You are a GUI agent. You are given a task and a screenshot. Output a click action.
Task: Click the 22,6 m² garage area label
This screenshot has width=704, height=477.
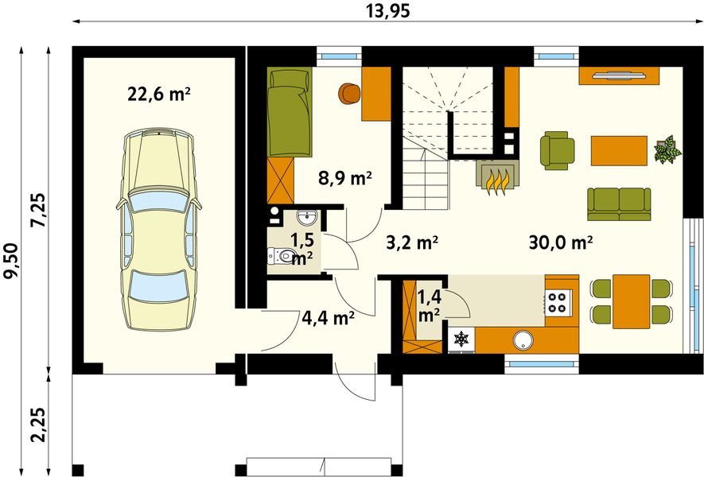point(159,95)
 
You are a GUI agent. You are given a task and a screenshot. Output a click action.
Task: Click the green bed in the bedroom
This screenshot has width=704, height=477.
point(289,111)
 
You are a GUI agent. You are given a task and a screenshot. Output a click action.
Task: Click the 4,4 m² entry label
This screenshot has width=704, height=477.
point(329,319)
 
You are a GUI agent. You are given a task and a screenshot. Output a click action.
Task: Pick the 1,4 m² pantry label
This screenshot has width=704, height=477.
point(429,306)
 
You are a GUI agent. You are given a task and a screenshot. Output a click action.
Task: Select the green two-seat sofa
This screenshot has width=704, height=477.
point(619,204)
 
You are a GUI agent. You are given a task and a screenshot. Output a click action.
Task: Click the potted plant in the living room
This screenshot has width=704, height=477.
point(667,149)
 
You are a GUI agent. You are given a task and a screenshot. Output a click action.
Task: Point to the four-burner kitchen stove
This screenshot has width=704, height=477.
point(559,301)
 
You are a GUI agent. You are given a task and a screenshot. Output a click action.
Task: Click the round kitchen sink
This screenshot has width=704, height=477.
point(523,340)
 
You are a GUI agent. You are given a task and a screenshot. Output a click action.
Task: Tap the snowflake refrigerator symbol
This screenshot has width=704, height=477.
point(461,339)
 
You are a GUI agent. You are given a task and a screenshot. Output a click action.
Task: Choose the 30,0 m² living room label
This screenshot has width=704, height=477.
point(561,242)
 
